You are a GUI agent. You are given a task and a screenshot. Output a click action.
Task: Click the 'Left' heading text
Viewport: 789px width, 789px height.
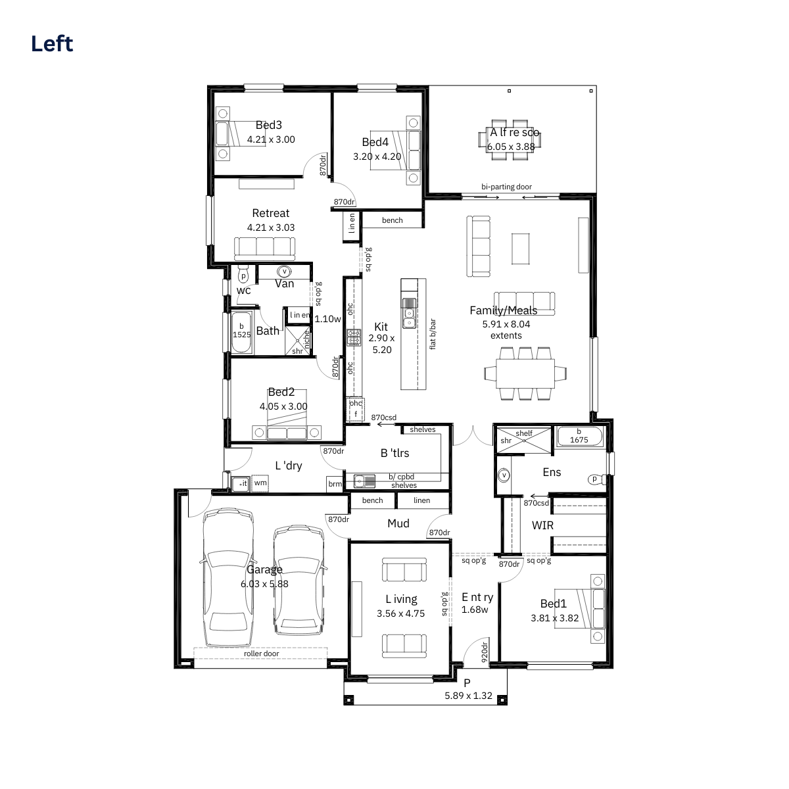click(52, 43)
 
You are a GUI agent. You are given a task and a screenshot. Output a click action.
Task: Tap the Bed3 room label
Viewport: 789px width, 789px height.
click(269, 125)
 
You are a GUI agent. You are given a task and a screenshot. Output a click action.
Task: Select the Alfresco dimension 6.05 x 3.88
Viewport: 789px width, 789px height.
click(511, 147)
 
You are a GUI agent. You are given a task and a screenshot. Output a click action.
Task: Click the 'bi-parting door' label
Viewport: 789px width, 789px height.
click(506, 187)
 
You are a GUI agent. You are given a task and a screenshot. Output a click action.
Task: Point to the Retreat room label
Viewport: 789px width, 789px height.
click(271, 213)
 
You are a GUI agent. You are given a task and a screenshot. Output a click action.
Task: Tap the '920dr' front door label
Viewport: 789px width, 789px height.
click(485, 652)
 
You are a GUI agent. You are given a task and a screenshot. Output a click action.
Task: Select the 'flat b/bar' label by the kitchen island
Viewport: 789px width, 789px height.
click(433, 334)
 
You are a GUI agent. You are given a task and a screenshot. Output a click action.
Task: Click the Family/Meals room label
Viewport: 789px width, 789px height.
click(503, 310)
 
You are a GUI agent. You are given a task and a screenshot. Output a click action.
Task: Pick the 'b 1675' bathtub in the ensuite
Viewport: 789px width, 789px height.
click(579, 437)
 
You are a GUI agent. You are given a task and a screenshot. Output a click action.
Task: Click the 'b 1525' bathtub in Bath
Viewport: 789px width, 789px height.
click(241, 333)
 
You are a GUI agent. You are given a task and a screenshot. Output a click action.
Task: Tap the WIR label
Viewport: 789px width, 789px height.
click(542, 525)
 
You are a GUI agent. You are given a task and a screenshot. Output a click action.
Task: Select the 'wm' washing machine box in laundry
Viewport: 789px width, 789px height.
click(260, 483)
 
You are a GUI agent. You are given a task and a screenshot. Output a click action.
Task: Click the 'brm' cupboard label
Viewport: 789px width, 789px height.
click(335, 484)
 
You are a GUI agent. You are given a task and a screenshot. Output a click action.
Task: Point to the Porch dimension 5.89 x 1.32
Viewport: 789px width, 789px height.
click(468, 696)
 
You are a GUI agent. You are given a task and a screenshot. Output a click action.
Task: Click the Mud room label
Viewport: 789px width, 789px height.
click(398, 523)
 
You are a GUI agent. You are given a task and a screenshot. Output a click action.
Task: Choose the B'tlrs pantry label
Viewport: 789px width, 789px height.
click(394, 453)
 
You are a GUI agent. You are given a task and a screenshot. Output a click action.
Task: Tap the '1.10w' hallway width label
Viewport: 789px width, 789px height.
click(327, 319)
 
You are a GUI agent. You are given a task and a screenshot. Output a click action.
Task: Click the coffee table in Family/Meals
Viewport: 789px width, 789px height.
click(520, 249)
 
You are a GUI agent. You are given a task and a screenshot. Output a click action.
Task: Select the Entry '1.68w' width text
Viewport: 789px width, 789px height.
click(475, 610)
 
